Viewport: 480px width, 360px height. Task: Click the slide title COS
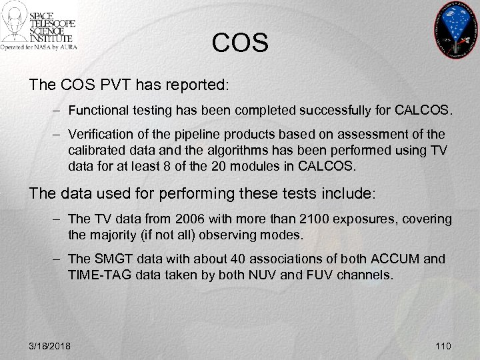point(240,43)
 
